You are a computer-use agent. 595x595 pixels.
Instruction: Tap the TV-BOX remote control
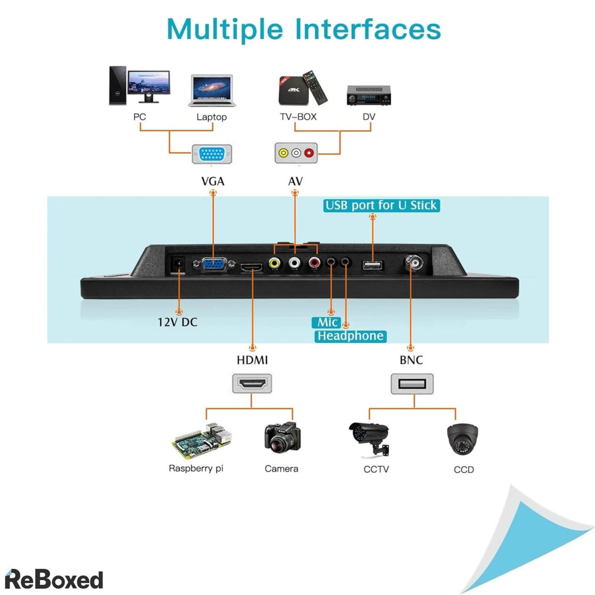point(316,86)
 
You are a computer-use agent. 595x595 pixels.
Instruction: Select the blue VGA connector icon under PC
point(212,154)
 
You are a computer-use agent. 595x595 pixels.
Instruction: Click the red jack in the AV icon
point(309,153)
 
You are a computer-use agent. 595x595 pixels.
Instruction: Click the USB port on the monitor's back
point(373,265)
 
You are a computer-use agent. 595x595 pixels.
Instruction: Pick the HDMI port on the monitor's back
point(252,268)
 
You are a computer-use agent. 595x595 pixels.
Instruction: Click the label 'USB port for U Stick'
point(381,205)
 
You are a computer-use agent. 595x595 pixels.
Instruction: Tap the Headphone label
point(351,336)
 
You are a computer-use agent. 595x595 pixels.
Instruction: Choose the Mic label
point(327,322)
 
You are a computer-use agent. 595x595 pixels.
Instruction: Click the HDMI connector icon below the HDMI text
point(252,383)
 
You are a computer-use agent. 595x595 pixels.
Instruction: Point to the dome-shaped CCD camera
point(463,439)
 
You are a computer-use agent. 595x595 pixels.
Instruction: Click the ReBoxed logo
point(54,579)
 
